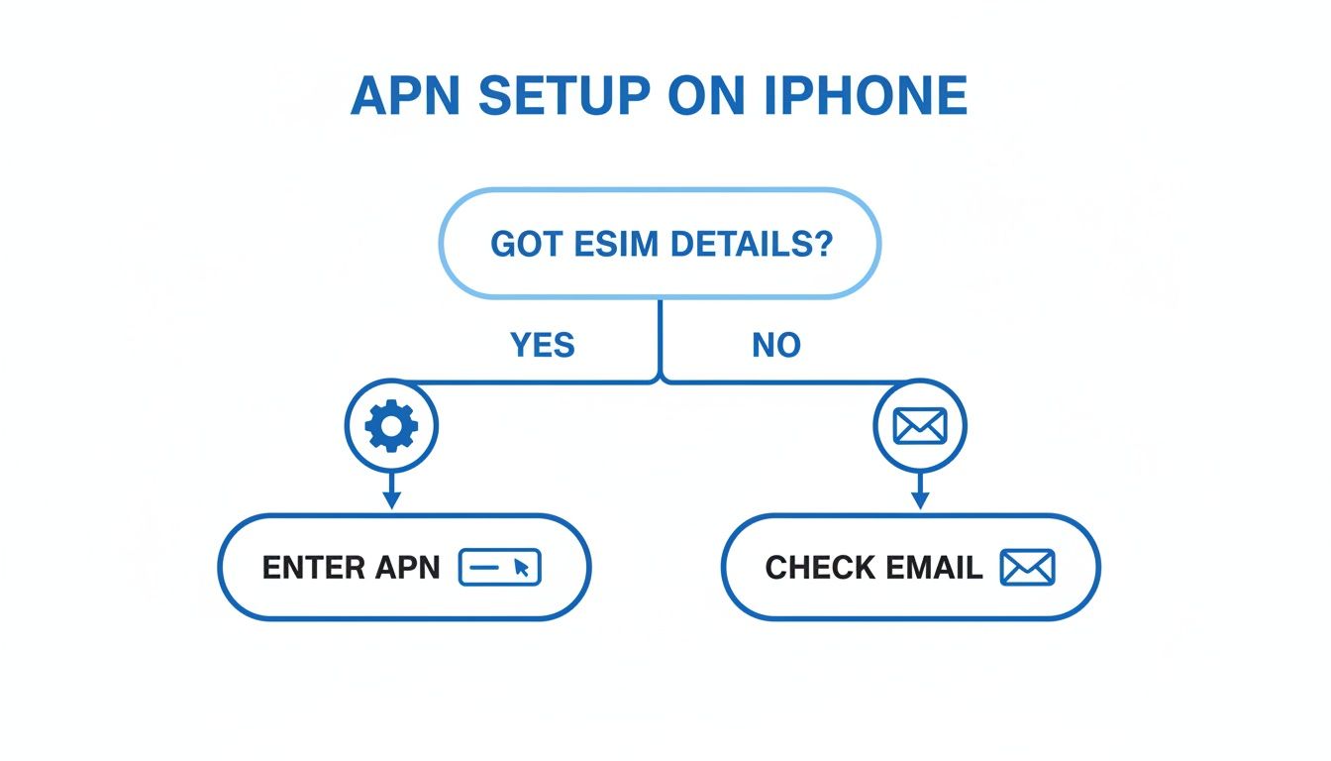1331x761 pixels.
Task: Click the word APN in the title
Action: click(x=406, y=96)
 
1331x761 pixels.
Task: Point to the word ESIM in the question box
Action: click(x=605, y=244)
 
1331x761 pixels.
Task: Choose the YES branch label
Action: click(x=543, y=345)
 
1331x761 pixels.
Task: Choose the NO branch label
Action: click(x=775, y=345)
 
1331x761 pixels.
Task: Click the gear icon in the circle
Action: click(x=391, y=427)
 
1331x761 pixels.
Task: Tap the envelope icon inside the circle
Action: click(x=920, y=427)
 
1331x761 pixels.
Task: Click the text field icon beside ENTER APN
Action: click(x=500, y=568)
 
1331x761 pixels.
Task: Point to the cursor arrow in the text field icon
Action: click(x=523, y=569)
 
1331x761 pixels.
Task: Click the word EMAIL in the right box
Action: click(x=935, y=568)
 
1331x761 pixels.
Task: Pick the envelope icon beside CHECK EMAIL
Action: click(x=1028, y=568)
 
